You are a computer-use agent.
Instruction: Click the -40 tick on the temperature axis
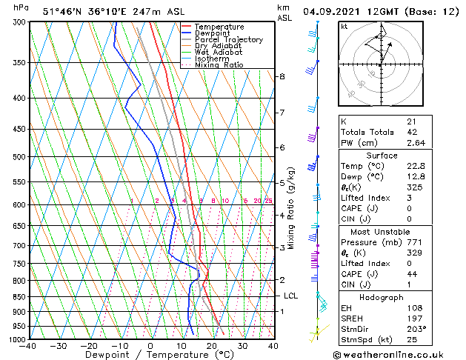29,345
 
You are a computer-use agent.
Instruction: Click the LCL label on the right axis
291,296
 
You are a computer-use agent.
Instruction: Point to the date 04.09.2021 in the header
334,13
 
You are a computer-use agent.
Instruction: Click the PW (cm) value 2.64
416,143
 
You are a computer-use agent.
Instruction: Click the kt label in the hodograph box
344,26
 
